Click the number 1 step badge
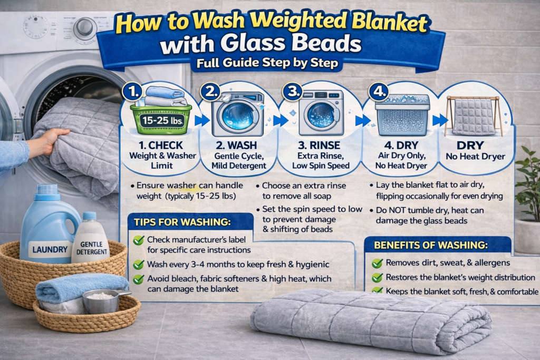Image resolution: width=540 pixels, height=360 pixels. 133,92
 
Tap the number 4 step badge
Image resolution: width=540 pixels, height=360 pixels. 379,92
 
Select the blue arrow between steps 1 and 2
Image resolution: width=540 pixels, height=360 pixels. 202,120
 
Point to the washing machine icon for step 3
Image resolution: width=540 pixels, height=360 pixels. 321,112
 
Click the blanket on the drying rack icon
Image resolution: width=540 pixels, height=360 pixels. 474,116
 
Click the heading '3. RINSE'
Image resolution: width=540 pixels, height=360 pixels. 319,145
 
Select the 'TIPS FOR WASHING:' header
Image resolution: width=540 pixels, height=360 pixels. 182,222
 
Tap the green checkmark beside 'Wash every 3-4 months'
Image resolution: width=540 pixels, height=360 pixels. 139,264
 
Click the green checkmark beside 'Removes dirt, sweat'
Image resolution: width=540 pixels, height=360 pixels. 377,264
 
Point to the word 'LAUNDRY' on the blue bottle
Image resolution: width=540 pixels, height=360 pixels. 50,249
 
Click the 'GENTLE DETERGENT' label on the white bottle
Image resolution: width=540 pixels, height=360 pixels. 92,248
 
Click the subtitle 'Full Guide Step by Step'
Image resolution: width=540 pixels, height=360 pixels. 267,63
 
